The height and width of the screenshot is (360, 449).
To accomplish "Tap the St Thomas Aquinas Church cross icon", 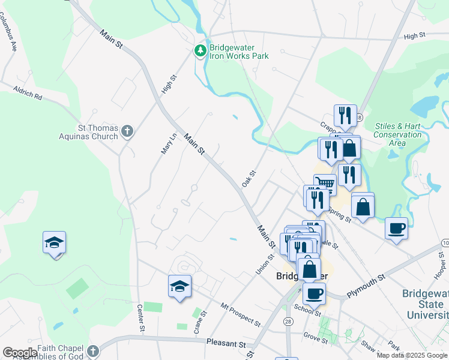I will pos(127,131).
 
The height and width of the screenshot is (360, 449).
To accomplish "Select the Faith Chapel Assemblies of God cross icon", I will pos(92,351).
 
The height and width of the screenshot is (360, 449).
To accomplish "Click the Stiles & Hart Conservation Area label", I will pos(397,134).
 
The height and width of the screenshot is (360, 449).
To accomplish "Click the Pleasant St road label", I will pos(226,344).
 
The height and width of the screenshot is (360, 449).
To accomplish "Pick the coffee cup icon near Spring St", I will pos(396,229).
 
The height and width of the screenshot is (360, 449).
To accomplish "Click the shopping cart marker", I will pos(325,183).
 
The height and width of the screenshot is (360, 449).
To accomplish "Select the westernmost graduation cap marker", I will pos(54,243).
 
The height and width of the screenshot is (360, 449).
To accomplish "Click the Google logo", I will pos(19,353).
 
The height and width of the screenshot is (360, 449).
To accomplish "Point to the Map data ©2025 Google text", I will pos(412,355).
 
